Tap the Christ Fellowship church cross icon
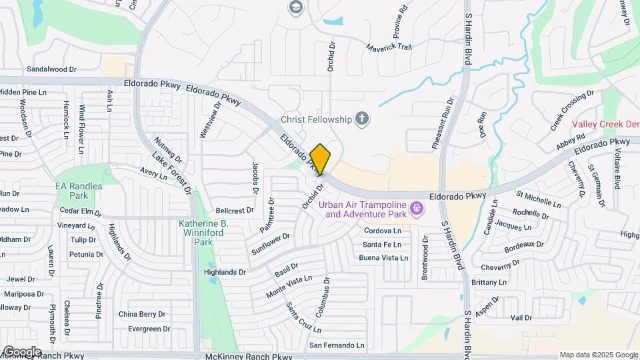[362, 119]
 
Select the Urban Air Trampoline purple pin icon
[417, 209]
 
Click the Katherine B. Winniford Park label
[203, 233]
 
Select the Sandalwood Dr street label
[52, 69]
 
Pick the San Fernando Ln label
[337, 345]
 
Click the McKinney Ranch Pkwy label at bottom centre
[249, 357]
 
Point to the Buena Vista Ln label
[383, 257]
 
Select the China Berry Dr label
[142, 314]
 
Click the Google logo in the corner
[21, 351]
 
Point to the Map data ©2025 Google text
[598, 355]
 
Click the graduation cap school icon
[295, 7]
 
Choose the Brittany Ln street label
[489, 283]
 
